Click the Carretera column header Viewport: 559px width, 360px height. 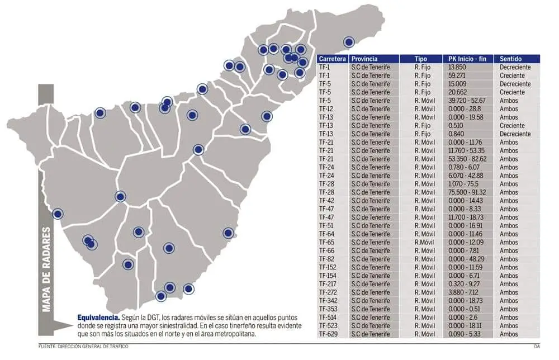pos(332,59)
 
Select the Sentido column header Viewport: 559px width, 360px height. pos(510,59)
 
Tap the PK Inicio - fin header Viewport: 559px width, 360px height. pos(467,59)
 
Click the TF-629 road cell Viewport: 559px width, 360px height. pos(328,334)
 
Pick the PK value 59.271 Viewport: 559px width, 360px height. pos(457,75)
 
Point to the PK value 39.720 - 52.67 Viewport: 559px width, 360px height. pos(467,101)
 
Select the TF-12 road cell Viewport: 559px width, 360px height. pos(326,109)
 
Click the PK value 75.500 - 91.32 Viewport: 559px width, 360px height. pos(467,192)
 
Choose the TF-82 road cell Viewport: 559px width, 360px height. pos(326,259)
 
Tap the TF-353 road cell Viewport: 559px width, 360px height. pos(328,309)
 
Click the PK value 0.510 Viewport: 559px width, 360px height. pos(456,125)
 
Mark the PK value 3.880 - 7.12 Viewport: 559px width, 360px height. pos(463,292)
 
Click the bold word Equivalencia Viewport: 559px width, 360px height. pos(99,318)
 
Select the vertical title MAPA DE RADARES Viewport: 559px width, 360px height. pos(46,269)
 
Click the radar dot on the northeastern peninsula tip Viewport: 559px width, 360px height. pos(349,42)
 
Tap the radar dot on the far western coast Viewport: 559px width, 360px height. pos(58,214)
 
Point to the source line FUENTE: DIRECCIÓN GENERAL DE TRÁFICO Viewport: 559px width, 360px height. pos(83,347)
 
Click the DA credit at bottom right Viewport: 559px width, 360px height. pos(537,347)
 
